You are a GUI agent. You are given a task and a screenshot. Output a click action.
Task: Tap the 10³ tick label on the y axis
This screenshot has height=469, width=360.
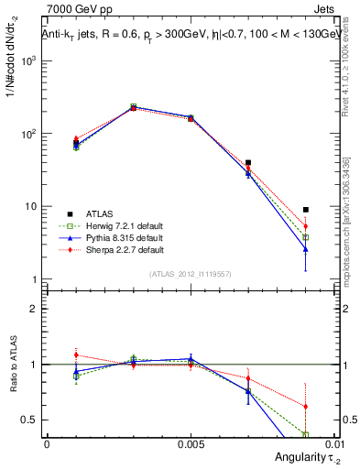point(29,60)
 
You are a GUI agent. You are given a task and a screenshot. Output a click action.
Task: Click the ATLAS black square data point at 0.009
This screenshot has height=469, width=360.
point(306,210)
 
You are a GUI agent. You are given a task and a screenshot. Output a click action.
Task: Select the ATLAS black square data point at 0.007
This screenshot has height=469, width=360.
point(248,162)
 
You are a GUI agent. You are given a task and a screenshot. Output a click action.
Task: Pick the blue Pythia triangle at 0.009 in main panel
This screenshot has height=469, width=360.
point(306,249)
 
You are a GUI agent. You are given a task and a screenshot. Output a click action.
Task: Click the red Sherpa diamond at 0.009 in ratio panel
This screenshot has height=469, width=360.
point(306,407)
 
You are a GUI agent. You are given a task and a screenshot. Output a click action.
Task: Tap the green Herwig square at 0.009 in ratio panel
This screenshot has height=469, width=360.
point(306,434)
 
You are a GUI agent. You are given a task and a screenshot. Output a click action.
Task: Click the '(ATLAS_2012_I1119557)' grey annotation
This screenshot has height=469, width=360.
point(190,274)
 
